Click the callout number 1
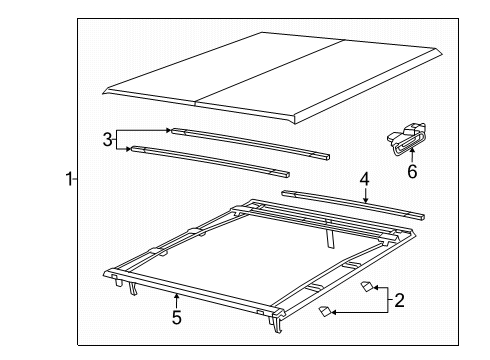coord(68,179)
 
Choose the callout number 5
coord(176,318)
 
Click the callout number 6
coord(411,171)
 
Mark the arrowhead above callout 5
coord(176,297)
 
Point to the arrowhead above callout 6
coord(408,156)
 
